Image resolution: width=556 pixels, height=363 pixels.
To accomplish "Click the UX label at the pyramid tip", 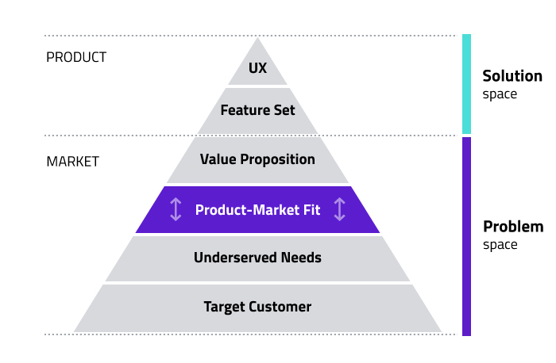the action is (x=257, y=68).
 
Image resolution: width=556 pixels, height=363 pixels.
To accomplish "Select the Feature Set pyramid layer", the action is (x=257, y=111).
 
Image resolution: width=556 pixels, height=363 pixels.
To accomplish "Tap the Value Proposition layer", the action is (x=257, y=160).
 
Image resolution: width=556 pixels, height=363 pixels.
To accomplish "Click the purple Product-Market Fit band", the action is (x=257, y=210).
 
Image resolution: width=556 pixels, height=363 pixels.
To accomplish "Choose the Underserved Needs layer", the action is (x=257, y=258).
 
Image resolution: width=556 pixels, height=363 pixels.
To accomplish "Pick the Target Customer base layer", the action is (x=257, y=308).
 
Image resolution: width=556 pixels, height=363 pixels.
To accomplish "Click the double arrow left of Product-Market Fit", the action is (x=176, y=209).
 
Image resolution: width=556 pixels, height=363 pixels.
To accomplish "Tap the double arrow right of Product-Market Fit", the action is (x=339, y=209).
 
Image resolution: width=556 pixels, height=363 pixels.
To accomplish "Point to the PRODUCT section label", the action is (x=76, y=57).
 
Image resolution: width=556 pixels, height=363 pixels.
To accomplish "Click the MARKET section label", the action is (x=73, y=162).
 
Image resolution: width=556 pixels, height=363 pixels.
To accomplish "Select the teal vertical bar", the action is (x=467, y=84).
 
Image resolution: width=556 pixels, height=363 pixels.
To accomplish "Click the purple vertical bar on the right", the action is (x=467, y=236).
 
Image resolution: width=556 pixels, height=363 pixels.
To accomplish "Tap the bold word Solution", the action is (x=512, y=76).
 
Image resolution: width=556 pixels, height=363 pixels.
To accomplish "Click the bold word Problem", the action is (x=513, y=227).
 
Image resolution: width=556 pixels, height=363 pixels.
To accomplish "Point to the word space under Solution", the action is (x=500, y=95).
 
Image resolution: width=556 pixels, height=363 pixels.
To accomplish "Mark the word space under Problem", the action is (x=500, y=245).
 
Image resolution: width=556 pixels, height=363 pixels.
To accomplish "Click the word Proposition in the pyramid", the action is (x=278, y=160).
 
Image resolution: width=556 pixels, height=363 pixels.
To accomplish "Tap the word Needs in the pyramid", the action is (x=301, y=258).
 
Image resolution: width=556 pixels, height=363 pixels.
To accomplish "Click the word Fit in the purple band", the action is (x=311, y=210).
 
